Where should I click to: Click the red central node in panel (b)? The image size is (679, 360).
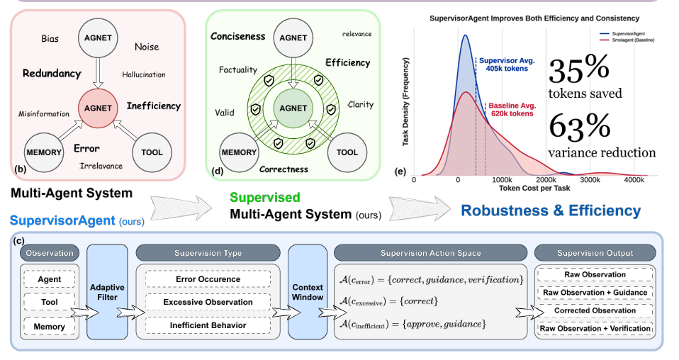tap(98, 108)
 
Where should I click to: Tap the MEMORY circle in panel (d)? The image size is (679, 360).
tap(239, 152)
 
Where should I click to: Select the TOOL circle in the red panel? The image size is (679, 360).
tap(152, 152)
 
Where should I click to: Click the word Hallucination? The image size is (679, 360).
tap(144, 75)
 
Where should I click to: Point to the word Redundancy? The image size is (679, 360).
tap(52, 73)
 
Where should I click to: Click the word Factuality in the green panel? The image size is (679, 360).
tap(237, 69)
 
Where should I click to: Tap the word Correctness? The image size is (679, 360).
tap(284, 169)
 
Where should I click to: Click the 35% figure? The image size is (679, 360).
tap(579, 69)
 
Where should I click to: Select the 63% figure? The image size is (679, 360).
tap(580, 127)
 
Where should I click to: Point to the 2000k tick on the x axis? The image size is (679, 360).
tap(546, 180)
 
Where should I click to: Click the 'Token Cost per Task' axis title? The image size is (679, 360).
tap(534, 188)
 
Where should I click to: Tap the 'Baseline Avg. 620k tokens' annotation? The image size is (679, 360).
tap(512, 110)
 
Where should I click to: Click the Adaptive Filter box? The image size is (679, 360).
tap(107, 292)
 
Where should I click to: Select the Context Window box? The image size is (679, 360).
tap(308, 292)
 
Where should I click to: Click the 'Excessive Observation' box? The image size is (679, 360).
tap(208, 302)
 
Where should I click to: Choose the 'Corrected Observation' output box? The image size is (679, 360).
tap(595, 310)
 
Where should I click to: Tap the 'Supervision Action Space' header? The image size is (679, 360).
tap(430, 253)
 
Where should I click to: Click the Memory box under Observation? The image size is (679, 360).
tap(50, 327)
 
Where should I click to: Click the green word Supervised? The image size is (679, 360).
tap(264, 198)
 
